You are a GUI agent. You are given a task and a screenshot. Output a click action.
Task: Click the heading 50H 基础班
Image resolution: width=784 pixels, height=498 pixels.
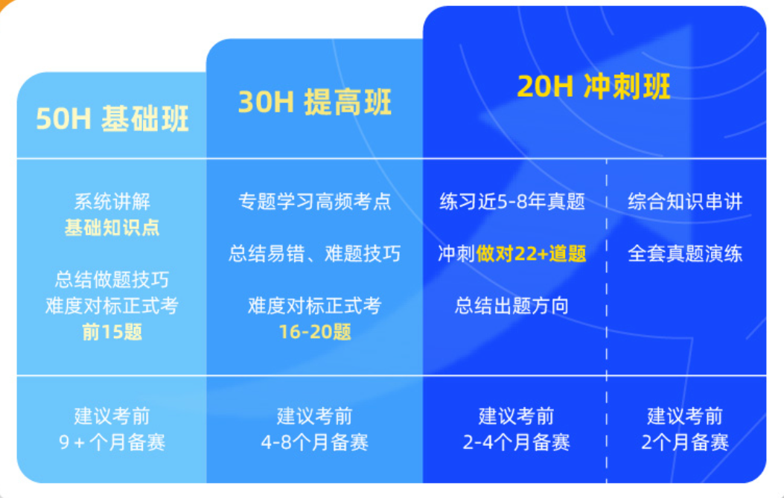[x=112, y=119]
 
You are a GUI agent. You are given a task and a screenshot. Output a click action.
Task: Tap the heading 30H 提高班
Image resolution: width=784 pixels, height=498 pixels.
[x=314, y=103]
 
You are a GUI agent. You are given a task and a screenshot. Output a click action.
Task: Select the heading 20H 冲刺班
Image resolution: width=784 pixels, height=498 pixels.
[x=593, y=86]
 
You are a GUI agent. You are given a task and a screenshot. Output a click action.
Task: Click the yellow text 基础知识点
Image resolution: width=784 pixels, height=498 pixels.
[x=112, y=228]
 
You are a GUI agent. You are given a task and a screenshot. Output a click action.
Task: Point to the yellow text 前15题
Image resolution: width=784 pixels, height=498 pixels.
[x=112, y=331]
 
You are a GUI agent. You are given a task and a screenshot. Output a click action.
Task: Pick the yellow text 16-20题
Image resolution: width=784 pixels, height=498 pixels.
[x=314, y=331]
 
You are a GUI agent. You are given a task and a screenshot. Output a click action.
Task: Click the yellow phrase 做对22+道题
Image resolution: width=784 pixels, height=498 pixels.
[x=532, y=254]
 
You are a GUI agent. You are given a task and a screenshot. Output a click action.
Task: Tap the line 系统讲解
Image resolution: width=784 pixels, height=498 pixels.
[x=112, y=202]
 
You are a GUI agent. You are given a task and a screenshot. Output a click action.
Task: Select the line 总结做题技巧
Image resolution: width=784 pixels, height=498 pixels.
[x=112, y=280]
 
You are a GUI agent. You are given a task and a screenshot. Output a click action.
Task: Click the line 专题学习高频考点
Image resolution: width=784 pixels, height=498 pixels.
[x=314, y=202]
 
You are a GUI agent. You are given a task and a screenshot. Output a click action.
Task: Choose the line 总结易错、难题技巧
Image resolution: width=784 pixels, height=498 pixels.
[x=314, y=254]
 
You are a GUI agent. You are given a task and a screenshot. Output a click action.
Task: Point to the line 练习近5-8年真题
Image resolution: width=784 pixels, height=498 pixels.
[x=512, y=202]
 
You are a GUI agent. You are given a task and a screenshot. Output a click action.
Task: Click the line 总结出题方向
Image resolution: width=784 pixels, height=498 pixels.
[x=512, y=306]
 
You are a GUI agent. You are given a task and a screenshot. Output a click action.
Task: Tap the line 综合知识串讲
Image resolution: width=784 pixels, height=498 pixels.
[x=685, y=202]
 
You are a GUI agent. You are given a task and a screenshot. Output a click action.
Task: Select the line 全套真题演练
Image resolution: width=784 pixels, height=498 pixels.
[x=685, y=254]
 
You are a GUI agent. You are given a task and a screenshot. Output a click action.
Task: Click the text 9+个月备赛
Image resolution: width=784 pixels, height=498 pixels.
[x=112, y=443]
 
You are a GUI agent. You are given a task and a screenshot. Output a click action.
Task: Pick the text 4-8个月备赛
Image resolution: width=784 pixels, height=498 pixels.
[x=314, y=443]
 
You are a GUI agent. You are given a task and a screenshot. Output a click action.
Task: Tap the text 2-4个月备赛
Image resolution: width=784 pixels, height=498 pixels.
[x=516, y=443]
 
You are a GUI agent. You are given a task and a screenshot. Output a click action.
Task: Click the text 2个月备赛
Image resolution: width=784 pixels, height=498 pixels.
[x=685, y=443]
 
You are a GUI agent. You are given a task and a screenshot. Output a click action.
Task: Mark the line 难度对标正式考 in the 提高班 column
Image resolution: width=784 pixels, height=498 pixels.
[x=314, y=306]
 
